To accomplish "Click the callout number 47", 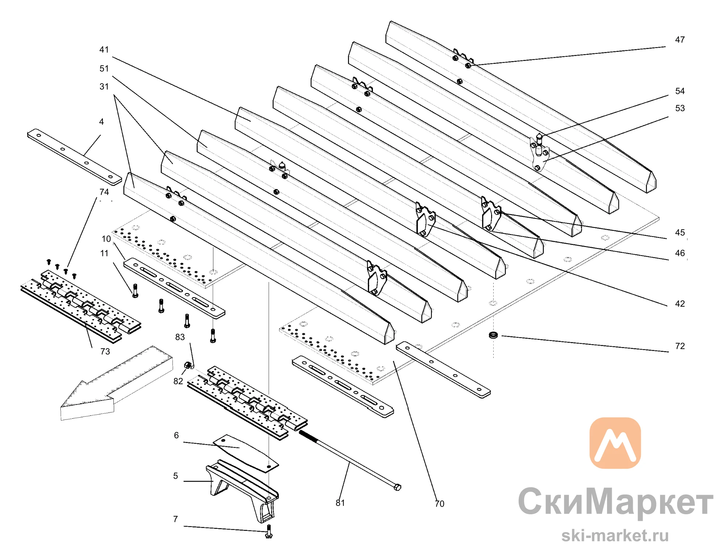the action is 680,40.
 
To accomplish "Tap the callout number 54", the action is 680,91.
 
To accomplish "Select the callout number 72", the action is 680,346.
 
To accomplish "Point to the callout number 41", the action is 104,50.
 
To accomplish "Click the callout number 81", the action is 340,503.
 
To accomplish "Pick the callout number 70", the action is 439,504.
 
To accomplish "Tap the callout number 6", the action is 176,435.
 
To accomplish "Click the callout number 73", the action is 105,351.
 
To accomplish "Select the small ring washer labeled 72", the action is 493,335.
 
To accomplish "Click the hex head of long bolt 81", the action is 397,487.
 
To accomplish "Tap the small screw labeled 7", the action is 269,531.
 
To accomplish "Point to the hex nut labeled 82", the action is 188,365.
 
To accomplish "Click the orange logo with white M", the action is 615,443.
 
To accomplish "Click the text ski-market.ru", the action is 615,536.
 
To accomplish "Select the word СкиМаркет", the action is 615,502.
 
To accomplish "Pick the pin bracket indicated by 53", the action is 539,154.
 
